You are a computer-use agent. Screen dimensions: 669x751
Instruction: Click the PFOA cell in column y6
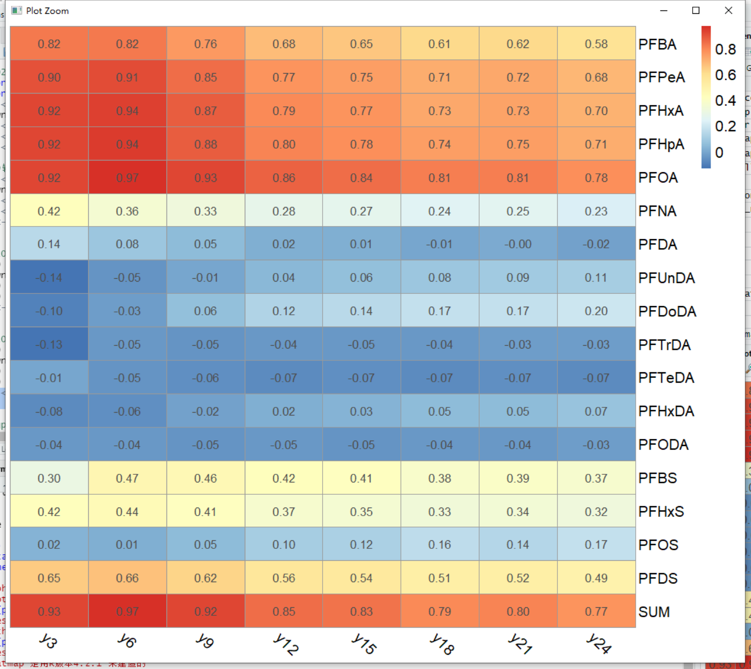(x=127, y=178)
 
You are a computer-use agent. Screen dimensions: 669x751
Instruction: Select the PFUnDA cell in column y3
(x=49, y=277)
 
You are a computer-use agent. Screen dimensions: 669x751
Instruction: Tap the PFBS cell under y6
(x=127, y=478)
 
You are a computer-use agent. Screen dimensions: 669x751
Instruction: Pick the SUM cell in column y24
(x=596, y=612)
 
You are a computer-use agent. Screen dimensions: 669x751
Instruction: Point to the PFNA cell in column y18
(x=439, y=211)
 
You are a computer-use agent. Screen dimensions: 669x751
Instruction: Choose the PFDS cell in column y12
(x=284, y=578)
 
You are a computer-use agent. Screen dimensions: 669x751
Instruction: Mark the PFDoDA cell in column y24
(x=596, y=311)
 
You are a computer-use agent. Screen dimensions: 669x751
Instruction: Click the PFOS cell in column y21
(x=518, y=545)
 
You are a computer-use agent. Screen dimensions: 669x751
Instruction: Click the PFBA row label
(x=657, y=44)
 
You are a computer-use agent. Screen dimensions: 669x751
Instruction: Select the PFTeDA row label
(x=666, y=378)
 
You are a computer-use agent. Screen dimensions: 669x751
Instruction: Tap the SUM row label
(x=654, y=612)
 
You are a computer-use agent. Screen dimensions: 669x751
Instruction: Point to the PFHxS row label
(x=661, y=512)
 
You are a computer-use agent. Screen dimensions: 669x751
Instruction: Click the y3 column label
(x=48, y=641)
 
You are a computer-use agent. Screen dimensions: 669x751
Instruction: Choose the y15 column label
(x=364, y=644)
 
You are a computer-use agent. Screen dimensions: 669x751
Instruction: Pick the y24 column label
(x=599, y=644)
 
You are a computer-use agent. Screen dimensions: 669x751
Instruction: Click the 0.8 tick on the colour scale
(x=725, y=49)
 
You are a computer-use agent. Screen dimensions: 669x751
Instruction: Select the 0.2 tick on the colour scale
(x=725, y=126)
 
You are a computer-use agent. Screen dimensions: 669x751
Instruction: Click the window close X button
(x=728, y=10)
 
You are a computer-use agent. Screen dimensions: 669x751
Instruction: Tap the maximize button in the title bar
(x=695, y=10)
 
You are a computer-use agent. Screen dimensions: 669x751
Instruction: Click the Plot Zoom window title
(x=47, y=11)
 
